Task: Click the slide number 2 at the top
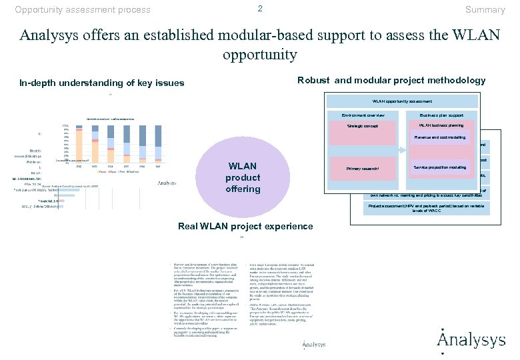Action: point(260,8)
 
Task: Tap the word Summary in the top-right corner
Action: point(485,9)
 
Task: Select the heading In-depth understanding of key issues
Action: point(101,83)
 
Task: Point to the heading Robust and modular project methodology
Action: point(391,80)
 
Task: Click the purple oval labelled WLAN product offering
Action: point(243,177)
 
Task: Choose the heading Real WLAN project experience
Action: point(245,226)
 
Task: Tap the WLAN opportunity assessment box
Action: point(401,101)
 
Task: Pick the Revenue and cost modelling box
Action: point(440,137)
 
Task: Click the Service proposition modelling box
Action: point(440,167)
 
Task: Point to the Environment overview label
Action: point(363,115)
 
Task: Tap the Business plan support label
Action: point(441,115)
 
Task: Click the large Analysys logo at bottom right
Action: point(471,339)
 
